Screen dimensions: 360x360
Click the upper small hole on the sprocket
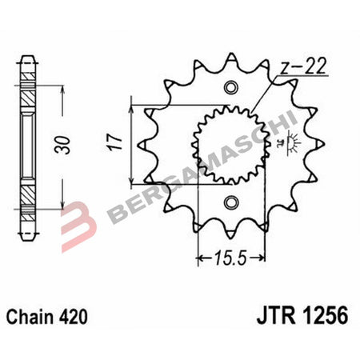pyautogui.click(x=231, y=87)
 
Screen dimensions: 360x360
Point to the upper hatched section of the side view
pyautogui.click(x=29, y=92)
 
